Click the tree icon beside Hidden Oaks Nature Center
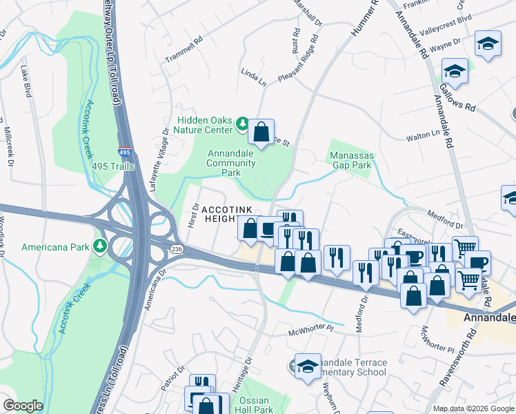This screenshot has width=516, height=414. (242, 124)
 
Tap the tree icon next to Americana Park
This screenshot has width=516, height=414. (101, 246)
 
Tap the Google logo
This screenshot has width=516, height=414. (23, 406)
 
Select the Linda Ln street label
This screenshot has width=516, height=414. (253, 77)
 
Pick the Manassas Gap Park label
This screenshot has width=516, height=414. (350, 160)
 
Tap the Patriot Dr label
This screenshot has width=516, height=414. (172, 378)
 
